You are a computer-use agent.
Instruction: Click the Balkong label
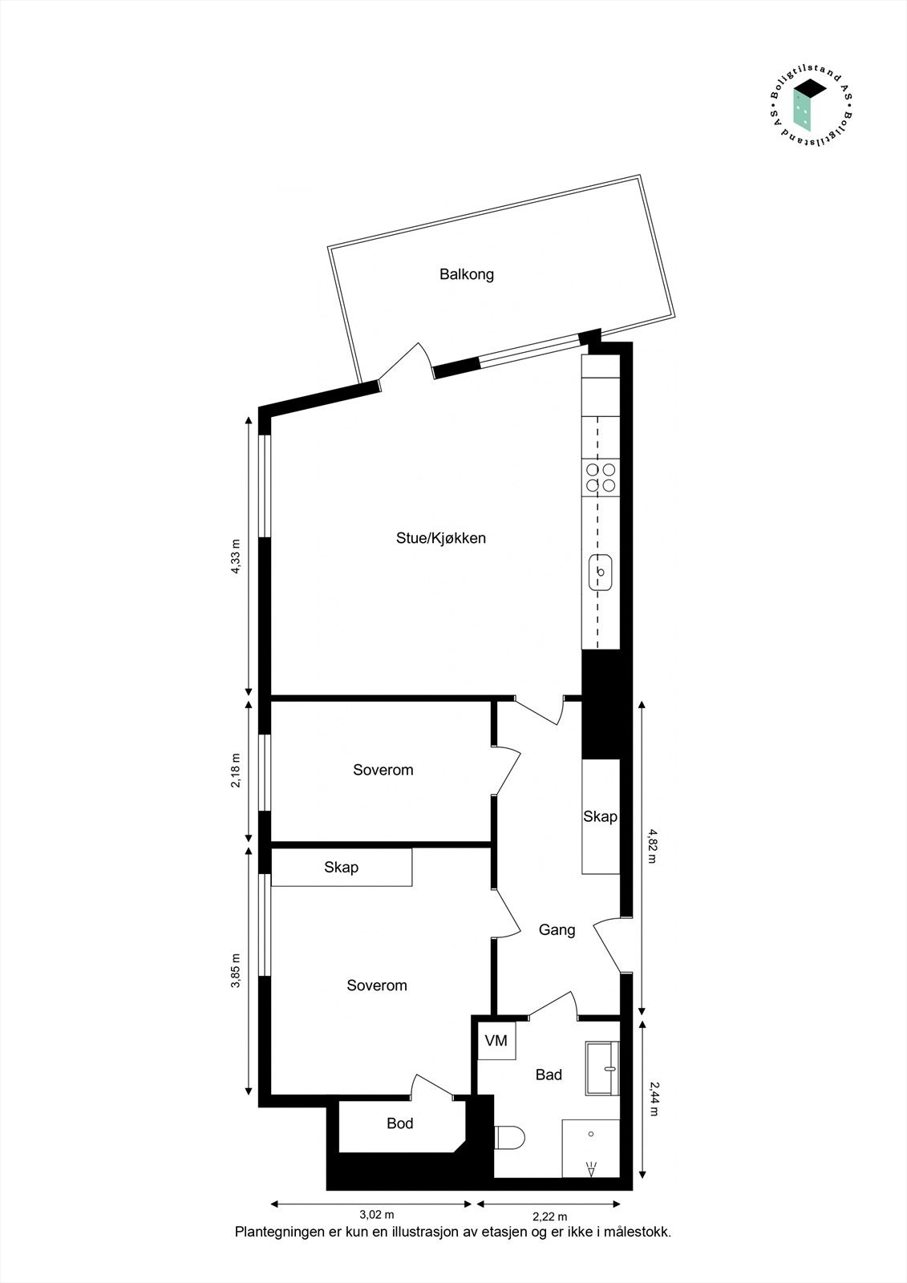(x=466, y=274)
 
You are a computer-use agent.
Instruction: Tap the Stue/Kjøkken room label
(x=440, y=538)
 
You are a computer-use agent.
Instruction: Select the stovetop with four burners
(x=601, y=477)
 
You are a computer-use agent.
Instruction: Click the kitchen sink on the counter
(x=601, y=572)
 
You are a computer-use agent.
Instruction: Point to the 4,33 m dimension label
(x=236, y=557)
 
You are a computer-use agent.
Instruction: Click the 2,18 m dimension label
(x=236, y=770)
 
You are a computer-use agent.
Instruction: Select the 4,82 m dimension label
(x=651, y=845)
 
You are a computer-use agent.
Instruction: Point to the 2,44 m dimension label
(x=651, y=1099)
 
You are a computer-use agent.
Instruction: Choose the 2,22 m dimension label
(x=549, y=1216)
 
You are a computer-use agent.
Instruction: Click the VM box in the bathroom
(x=496, y=1041)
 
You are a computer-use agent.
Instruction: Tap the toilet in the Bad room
(x=509, y=1137)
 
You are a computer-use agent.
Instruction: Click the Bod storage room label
(x=399, y=1123)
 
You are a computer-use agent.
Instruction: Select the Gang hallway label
(x=557, y=930)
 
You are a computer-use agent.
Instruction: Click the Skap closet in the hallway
(x=600, y=816)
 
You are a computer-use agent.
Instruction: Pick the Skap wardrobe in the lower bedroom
(x=342, y=868)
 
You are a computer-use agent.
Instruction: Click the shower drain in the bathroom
(x=590, y=1134)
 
